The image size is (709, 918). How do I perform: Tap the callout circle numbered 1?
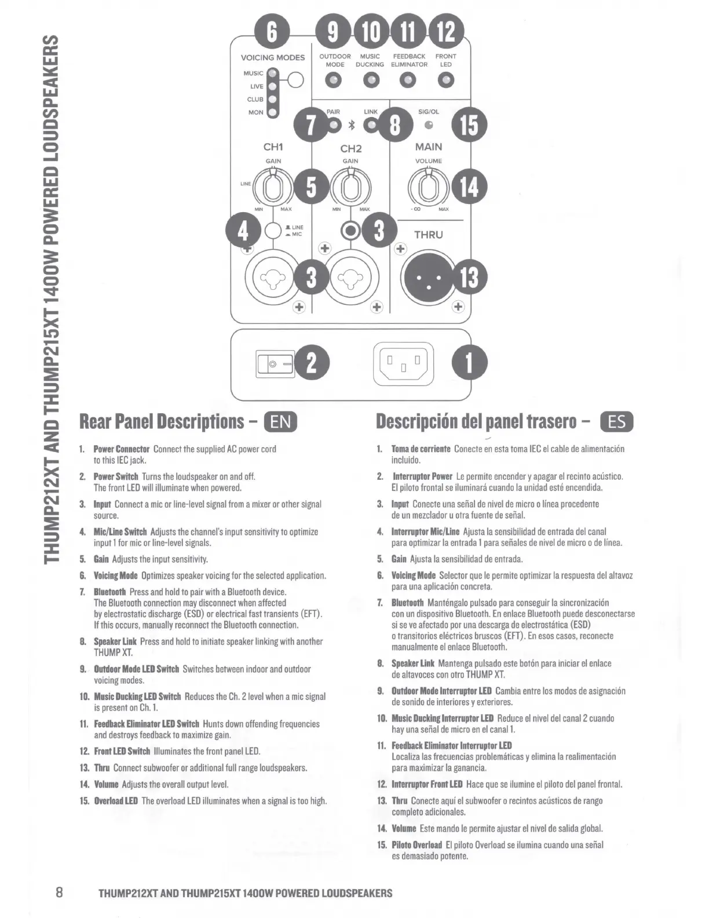(x=470, y=363)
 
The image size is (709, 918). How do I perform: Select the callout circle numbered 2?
(x=312, y=363)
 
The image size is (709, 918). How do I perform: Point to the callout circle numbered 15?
(x=470, y=125)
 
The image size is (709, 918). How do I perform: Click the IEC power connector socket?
(x=403, y=363)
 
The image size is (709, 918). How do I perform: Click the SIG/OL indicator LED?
(x=429, y=125)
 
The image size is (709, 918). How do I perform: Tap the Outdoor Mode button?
(x=334, y=81)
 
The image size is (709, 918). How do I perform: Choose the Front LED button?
(x=445, y=81)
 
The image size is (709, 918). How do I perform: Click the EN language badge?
(x=280, y=421)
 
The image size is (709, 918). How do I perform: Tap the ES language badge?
(x=617, y=421)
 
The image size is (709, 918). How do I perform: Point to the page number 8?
(x=59, y=892)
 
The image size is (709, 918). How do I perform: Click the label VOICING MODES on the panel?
(x=273, y=57)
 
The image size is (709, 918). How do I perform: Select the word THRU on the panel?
(x=428, y=235)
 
